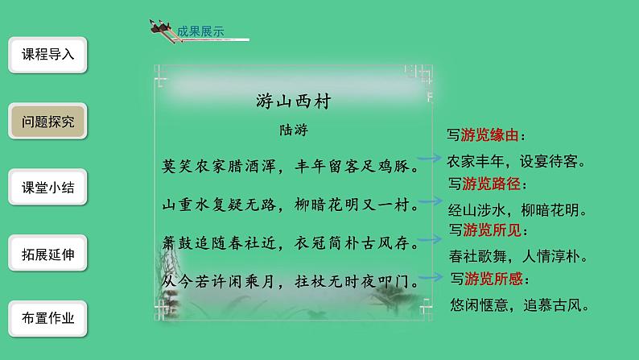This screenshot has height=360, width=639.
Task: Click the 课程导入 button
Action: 47,56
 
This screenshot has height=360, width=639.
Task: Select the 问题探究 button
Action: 47,122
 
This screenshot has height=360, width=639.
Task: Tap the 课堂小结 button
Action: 47,188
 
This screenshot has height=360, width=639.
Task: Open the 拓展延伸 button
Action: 47,254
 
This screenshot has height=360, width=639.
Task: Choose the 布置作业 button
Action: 47,318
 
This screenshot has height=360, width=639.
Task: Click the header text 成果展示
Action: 200,32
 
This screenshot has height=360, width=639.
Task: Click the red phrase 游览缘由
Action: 490,136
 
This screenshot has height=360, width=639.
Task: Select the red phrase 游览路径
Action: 490,184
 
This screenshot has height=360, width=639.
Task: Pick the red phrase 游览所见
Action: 490,232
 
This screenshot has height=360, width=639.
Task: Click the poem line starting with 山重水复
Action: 287,207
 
